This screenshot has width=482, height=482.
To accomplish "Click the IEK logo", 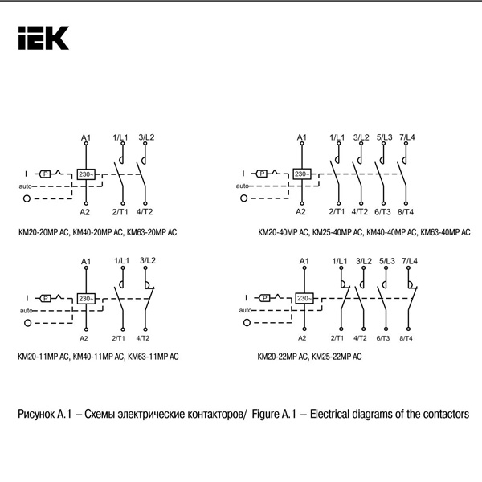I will pyautogui.click(x=43, y=37).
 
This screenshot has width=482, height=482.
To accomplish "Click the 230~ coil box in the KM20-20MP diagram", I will pyautogui.click(x=86, y=174).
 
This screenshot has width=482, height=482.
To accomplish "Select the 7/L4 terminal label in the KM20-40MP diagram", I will pyautogui.click(x=407, y=137).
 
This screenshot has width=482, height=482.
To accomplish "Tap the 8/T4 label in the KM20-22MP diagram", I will pyautogui.click(x=409, y=339).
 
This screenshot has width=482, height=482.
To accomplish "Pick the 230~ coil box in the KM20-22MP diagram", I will pyautogui.click(x=304, y=298).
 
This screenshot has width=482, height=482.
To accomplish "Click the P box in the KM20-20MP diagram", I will pyautogui.click(x=46, y=174).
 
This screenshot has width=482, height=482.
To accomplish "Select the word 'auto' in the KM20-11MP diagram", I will pyautogui.click(x=24, y=310).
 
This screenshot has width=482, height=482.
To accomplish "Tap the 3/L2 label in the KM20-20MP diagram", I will pyautogui.click(x=146, y=137).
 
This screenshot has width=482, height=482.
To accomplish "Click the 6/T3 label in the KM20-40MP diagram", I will pyautogui.click(x=384, y=212).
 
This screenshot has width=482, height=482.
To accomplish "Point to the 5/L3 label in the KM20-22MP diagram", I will pyautogui.click(x=386, y=262).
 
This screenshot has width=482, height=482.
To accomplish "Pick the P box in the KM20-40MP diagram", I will pyautogui.click(x=262, y=174).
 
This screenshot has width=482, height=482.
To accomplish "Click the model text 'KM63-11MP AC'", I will pyautogui.click(x=153, y=356).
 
